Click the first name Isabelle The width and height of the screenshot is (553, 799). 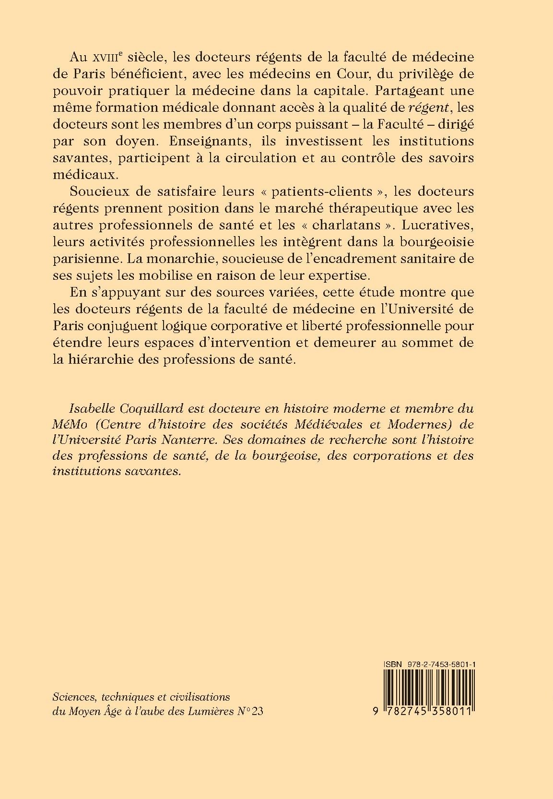[91, 409]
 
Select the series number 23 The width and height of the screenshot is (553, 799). [257, 711]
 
